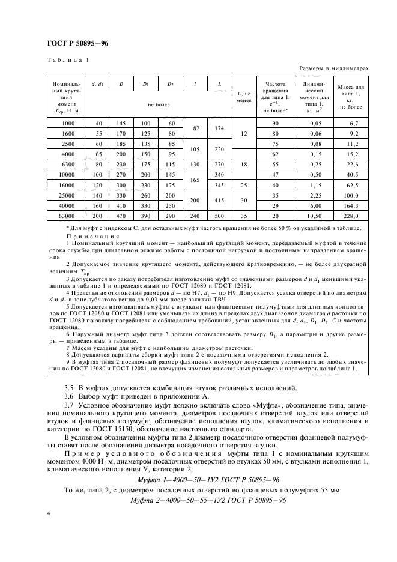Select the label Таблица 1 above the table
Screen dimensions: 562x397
67,59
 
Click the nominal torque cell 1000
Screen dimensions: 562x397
67,123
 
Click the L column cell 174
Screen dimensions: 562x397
219,128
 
